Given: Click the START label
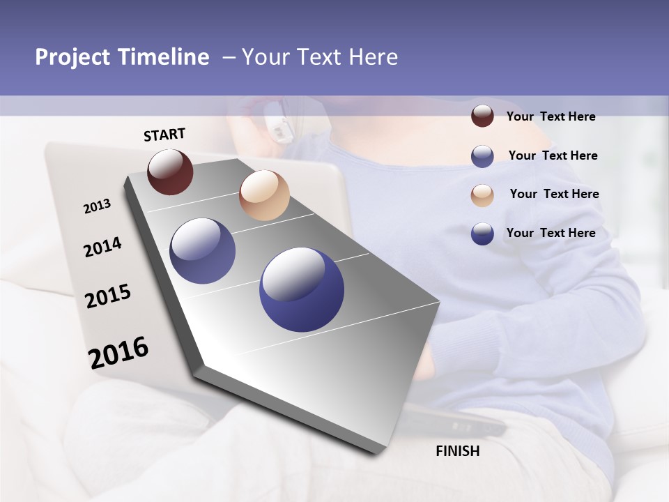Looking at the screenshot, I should (x=164, y=135).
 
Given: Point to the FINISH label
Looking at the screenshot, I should (x=458, y=451).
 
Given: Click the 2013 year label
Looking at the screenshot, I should (x=97, y=206).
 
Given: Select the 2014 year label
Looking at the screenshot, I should (x=102, y=247).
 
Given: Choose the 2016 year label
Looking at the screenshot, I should (x=118, y=352).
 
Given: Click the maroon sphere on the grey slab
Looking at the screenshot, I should (x=170, y=172).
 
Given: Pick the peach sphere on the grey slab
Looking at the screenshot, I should (x=264, y=195).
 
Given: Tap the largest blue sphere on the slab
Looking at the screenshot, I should (x=302, y=289).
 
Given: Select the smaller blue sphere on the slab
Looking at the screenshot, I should (x=203, y=251).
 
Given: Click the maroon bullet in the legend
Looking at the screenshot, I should (x=482, y=116).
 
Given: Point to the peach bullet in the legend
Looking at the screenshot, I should (x=482, y=195).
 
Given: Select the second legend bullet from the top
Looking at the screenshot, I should (x=482, y=156).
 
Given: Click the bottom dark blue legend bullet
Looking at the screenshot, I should (x=482, y=234).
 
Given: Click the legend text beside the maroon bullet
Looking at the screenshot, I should (x=551, y=116).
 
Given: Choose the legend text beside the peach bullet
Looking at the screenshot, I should (x=554, y=194).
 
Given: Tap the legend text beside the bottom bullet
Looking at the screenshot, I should (x=551, y=233).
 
